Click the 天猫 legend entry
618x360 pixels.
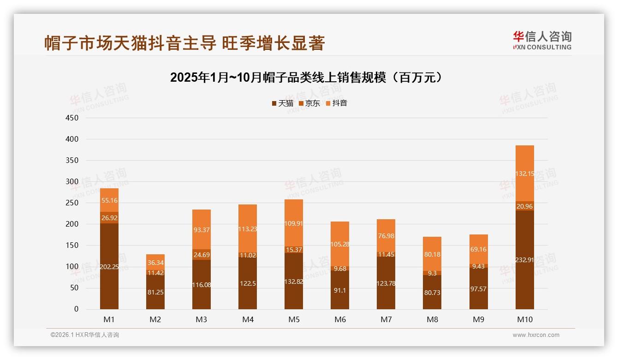282,103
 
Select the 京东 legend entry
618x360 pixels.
309,103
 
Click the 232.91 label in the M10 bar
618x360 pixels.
524,260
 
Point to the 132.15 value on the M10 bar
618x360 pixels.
524,174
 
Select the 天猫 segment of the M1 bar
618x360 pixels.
109,266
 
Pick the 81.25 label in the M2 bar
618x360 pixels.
155,292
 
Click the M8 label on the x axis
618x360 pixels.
432,319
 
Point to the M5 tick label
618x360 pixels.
294,319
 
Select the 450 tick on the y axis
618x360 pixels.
72,118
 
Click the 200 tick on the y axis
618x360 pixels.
72,224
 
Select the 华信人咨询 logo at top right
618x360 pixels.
542,40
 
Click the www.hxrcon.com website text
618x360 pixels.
536,335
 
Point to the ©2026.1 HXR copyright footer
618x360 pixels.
85,335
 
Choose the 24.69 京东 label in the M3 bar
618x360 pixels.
202,255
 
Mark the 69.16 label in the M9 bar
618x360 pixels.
478,249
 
